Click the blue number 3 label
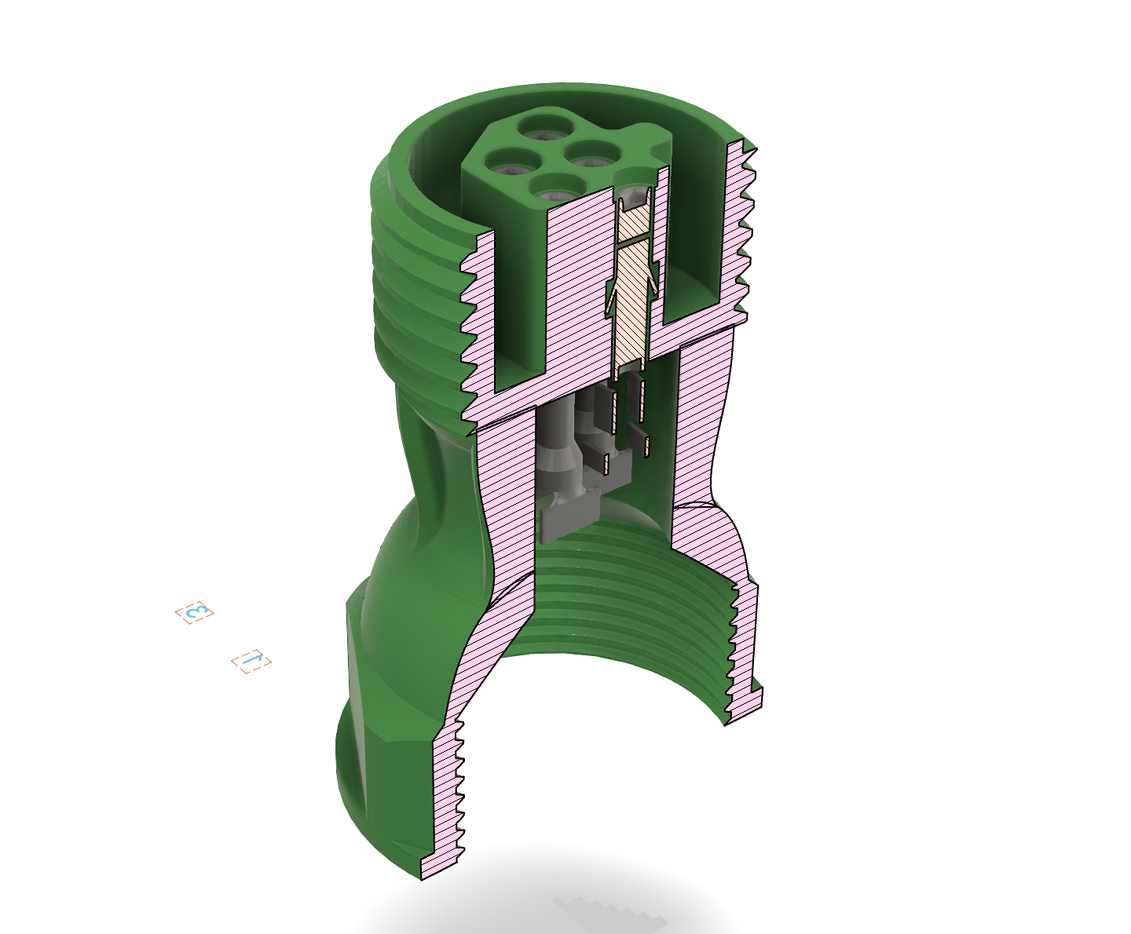[x=195, y=612]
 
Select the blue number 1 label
[x=251, y=661]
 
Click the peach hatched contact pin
[x=633, y=282]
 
